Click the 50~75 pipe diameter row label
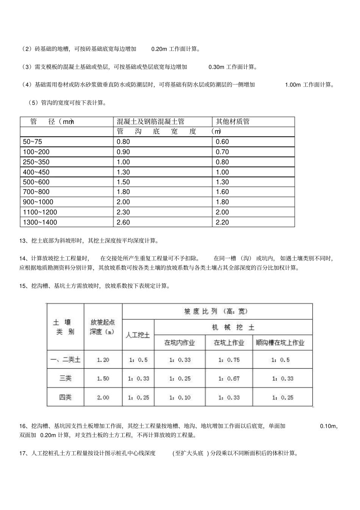[x=33, y=142]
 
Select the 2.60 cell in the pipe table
[x=124, y=222]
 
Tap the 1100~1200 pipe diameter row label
[x=40, y=212]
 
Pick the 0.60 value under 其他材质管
[x=222, y=142]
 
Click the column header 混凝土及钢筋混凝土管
[x=150, y=122]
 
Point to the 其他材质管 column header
[x=233, y=122]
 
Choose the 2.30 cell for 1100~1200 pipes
[x=124, y=212]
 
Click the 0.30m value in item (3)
[x=217, y=67]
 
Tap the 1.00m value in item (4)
[x=293, y=85]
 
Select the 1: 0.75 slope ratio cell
[x=229, y=360]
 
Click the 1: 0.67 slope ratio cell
[x=229, y=378]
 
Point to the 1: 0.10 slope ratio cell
[x=180, y=397]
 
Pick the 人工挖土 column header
[x=138, y=335]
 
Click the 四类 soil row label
[x=65, y=397]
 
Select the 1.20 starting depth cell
[x=103, y=360]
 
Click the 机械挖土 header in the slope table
[x=233, y=327]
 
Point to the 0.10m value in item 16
[x=328, y=426]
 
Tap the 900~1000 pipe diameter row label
[x=38, y=202]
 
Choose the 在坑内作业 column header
[x=180, y=343]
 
